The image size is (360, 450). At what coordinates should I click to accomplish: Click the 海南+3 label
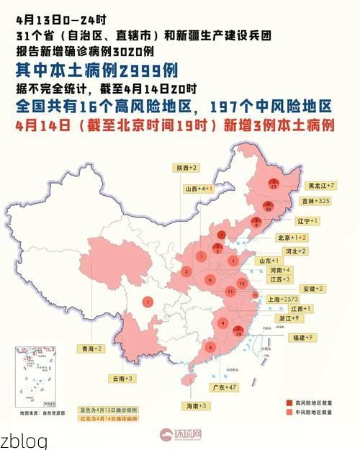tap(197, 406)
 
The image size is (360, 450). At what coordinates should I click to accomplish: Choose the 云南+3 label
tap(123, 378)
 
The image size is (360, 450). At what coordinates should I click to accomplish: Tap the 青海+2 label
tap(91, 348)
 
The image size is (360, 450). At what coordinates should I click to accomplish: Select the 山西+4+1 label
tap(199, 189)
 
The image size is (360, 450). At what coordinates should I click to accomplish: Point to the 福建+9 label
tap(302, 337)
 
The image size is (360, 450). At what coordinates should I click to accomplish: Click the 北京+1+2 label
tap(292, 237)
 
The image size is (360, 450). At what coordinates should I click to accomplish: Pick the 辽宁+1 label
tap(307, 220)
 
